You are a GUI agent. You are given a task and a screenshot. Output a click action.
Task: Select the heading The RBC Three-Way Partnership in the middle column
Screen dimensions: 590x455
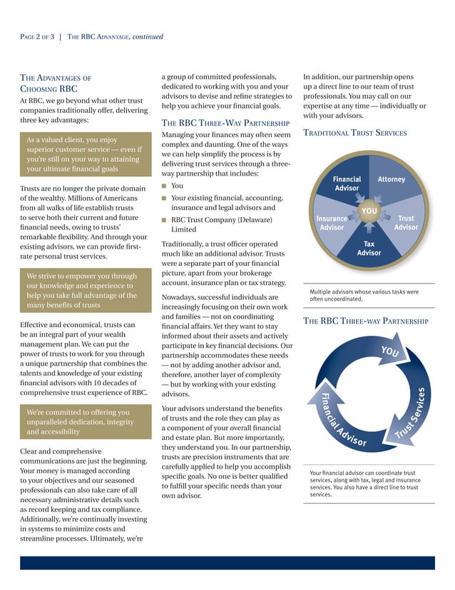point(225,122)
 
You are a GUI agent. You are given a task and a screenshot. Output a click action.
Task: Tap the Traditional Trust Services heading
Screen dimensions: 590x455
point(355,133)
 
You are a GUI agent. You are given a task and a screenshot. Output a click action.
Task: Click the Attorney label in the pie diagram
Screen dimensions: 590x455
point(391,179)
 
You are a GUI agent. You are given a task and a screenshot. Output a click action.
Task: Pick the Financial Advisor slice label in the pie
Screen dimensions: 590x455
point(347,184)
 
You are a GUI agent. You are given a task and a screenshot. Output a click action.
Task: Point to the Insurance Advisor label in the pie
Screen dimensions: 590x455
point(332,223)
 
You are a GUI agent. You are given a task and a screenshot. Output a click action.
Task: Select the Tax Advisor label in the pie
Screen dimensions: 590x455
point(369,248)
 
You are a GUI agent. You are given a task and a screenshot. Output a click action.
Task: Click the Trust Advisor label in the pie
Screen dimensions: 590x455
point(406,223)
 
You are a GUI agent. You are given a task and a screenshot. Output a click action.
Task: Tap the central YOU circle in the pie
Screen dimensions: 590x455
point(369,211)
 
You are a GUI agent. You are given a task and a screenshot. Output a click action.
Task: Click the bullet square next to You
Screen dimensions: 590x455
point(164,186)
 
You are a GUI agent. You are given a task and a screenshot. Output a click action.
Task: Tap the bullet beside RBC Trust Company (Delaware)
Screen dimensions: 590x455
point(164,220)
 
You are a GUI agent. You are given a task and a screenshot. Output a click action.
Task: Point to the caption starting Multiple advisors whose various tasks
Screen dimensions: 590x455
point(364,296)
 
